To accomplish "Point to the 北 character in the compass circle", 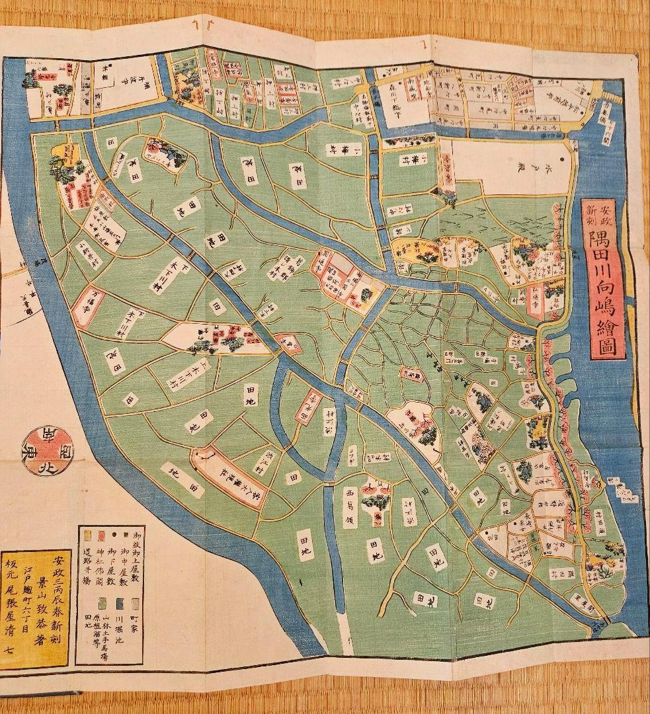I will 50,452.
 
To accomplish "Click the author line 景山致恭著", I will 43,592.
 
